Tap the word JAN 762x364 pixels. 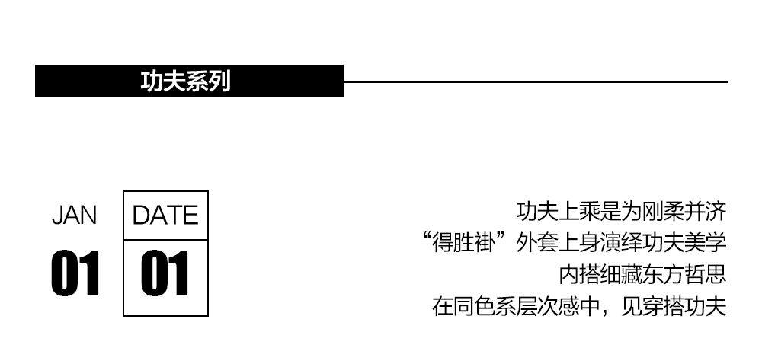tap(74, 216)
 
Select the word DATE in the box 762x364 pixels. tap(165, 216)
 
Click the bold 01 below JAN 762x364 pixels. tap(75, 274)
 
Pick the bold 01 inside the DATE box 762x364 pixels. tap(165, 274)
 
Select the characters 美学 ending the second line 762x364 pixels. tap(706, 243)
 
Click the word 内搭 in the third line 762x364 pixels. tap(580, 275)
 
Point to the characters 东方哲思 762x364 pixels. tap(684, 275)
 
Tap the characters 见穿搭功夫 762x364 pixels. tap(674, 308)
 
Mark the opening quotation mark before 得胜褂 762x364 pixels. tap(431, 238)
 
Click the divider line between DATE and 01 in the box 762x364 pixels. tap(165, 240)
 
